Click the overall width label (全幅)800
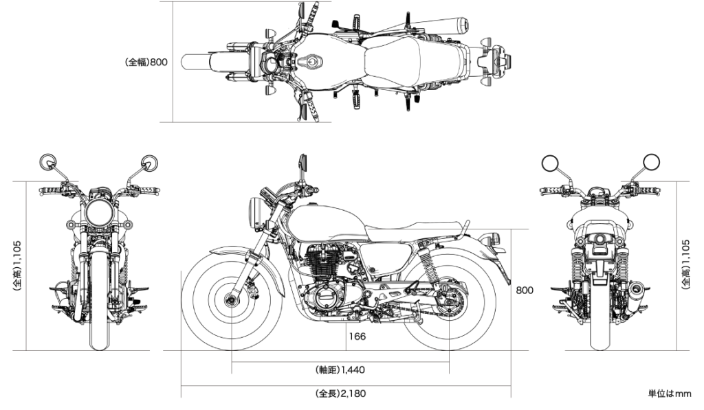(x=146, y=62)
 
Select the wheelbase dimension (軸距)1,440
(x=340, y=370)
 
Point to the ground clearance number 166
(x=357, y=337)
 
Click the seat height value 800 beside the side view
(x=525, y=291)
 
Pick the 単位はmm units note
(x=669, y=394)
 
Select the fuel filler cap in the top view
(x=313, y=62)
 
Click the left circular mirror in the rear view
(x=550, y=162)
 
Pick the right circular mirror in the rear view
(x=651, y=162)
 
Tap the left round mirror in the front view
(x=49, y=162)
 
